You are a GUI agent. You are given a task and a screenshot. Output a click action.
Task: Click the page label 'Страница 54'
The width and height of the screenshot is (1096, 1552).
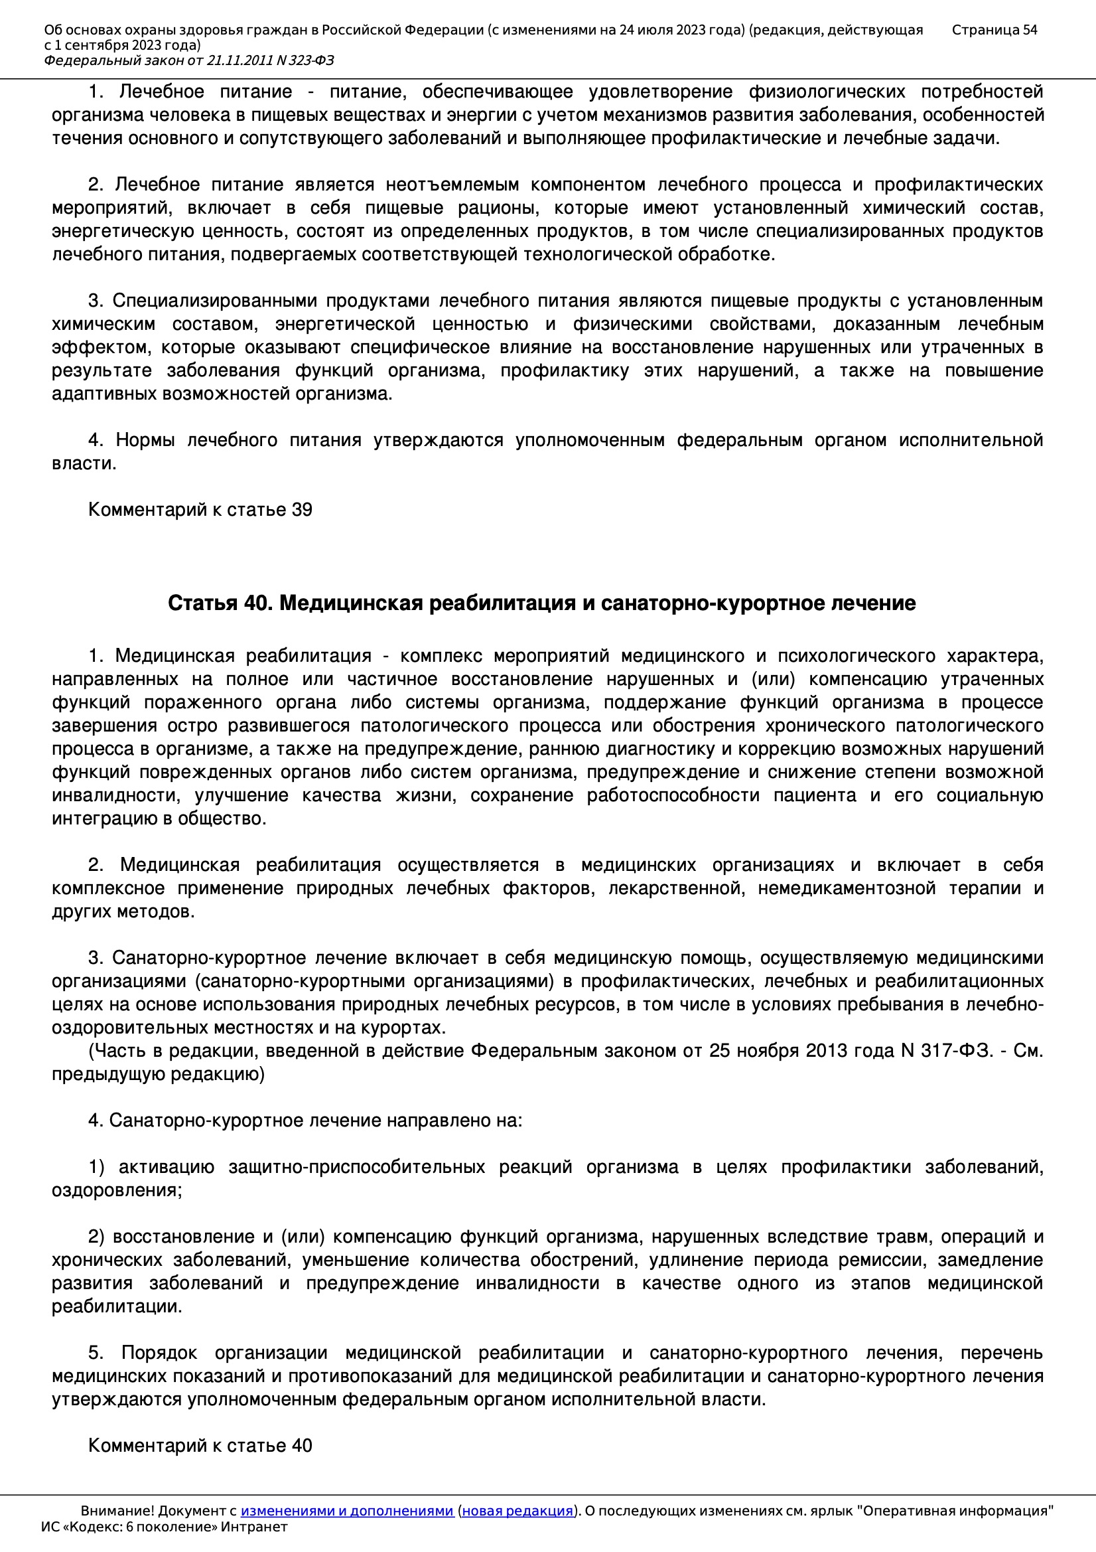tap(994, 30)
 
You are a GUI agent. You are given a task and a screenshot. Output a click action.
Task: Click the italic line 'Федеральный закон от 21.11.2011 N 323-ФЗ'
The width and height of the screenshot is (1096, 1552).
tap(188, 61)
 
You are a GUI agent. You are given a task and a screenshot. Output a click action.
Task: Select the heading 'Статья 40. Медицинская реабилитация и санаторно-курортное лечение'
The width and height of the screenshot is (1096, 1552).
tap(541, 603)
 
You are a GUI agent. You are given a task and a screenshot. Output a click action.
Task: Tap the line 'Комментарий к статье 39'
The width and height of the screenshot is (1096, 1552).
tap(200, 510)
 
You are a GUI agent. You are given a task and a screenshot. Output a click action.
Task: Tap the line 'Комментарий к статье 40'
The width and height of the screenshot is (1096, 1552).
tap(200, 1445)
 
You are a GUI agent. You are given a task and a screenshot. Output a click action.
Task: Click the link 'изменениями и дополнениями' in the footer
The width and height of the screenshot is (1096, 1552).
tap(346, 1511)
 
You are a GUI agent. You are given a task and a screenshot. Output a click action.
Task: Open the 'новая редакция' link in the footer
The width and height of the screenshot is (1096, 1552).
tap(517, 1511)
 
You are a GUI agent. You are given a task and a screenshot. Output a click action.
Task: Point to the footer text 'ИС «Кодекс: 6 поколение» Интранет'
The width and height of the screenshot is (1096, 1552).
tap(164, 1526)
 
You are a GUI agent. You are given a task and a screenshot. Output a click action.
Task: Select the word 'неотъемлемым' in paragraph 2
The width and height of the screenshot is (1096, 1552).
tap(452, 185)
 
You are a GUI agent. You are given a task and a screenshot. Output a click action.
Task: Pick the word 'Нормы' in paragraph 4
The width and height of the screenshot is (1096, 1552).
tap(145, 440)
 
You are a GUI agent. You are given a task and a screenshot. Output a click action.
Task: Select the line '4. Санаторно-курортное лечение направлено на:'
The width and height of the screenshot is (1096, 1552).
tap(305, 1120)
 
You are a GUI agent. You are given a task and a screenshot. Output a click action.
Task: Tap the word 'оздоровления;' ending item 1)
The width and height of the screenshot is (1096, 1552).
tap(117, 1190)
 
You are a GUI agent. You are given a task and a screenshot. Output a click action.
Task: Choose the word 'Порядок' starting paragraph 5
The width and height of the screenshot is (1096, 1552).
tap(159, 1353)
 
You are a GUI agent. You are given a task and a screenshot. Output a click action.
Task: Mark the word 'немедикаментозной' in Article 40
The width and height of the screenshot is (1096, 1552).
tap(846, 888)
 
